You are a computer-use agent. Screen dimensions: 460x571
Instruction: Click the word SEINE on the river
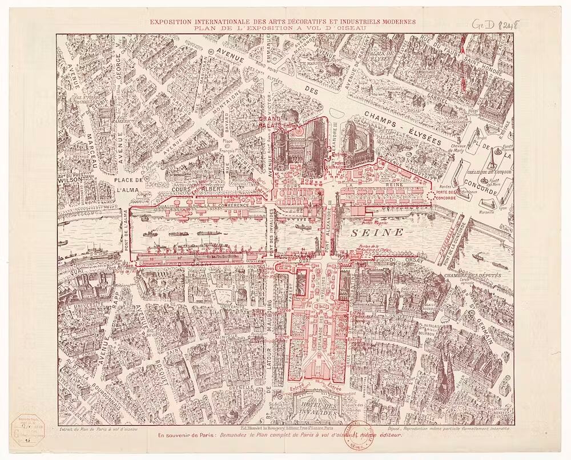click(x=377, y=233)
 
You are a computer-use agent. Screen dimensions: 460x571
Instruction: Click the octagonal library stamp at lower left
click(x=26, y=431)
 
